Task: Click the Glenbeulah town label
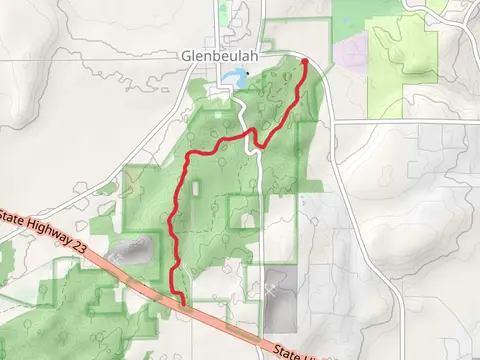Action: click(x=220, y=57)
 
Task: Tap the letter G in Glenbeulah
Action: click(x=187, y=57)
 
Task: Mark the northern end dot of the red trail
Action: click(x=305, y=62)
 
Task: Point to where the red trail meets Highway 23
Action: click(x=182, y=300)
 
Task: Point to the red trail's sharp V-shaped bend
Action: click(x=258, y=146)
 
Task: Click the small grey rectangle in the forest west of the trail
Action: click(x=196, y=186)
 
